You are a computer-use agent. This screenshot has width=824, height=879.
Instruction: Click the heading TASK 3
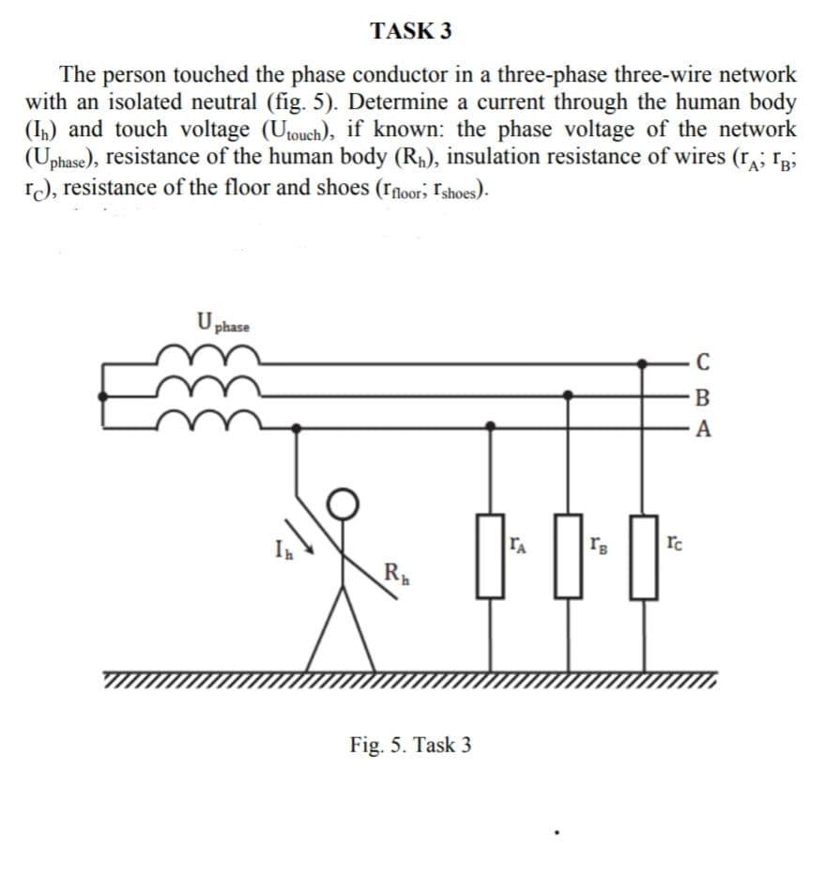(411, 31)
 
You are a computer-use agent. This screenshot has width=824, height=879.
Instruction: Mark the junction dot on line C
(643, 361)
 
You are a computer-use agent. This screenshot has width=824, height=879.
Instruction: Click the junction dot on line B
(566, 395)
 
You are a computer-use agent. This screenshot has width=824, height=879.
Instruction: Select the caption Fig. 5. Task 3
(410, 745)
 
